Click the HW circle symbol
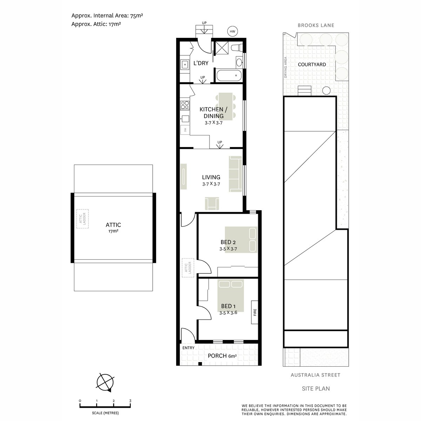tap(232, 32)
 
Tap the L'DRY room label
tap(201, 64)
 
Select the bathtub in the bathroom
tap(228, 75)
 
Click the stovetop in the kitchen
tap(185, 104)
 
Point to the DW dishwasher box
tap(185, 130)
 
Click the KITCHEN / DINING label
tap(213, 113)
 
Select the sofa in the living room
tap(235, 174)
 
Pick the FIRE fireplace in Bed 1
tap(254, 312)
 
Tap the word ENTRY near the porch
tap(188, 348)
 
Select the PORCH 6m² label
tap(222, 356)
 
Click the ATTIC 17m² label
tap(113, 228)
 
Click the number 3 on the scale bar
tap(130, 401)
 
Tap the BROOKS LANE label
tap(316, 25)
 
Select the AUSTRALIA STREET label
tap(315, 375)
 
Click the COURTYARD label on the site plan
tap(312, 65)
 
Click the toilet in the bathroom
tap(238, 47)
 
